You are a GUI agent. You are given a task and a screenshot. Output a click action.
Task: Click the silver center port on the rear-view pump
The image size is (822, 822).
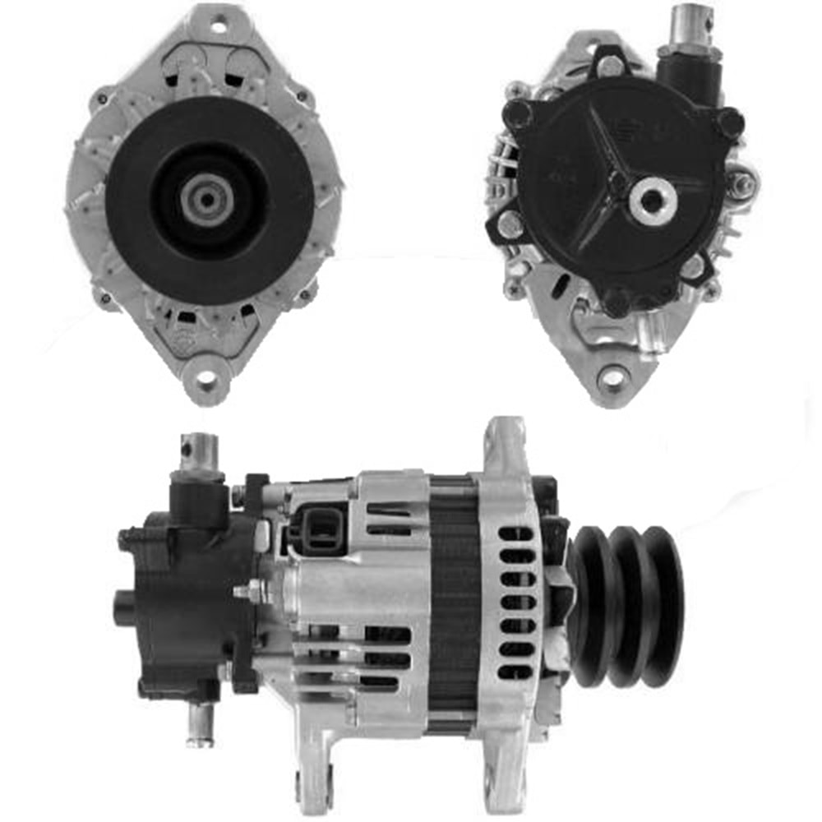click(653, 199)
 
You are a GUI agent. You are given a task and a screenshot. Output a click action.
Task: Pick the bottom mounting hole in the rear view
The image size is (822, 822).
click(612, 378)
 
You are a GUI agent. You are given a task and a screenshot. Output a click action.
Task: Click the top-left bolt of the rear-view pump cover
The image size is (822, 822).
click(518, 113)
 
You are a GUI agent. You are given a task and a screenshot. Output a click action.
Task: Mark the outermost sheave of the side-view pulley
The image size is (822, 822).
click(664, 606)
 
